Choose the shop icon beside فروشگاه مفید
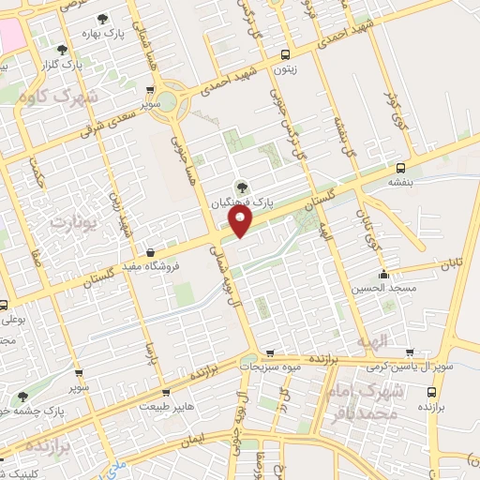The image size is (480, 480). click(x=151, y=252)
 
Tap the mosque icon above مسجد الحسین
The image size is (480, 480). click(x=383, y=275)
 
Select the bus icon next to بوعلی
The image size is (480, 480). click(x=5, y=305)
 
